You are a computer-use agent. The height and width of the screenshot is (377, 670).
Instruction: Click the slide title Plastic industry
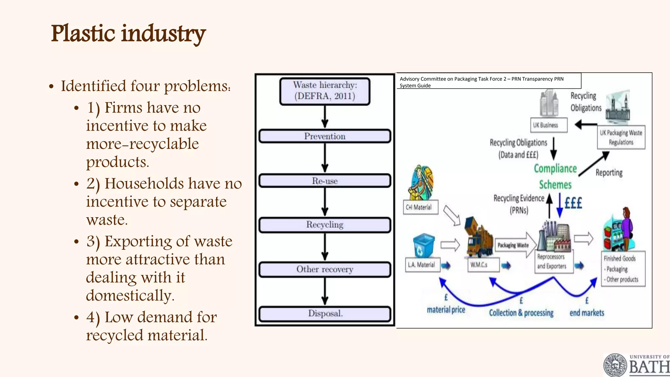(x=128, y=34)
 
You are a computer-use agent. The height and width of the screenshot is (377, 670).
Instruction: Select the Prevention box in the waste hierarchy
(x=325, y=136)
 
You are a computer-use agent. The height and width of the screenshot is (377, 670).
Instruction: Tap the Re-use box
(x=325, y=181)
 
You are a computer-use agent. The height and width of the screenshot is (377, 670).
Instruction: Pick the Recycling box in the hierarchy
(x=325, y=225)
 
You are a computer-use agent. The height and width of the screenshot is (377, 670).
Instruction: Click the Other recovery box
(x=325, y=269)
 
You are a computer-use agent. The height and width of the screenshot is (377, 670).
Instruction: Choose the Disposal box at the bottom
(x=325, y=314)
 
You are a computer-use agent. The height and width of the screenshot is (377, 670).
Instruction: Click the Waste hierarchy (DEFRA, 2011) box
(x=325, y=91)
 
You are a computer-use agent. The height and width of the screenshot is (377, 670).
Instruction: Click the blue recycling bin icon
(x=424, y=246)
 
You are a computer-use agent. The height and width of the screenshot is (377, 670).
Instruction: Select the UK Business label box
(x=549, y=125)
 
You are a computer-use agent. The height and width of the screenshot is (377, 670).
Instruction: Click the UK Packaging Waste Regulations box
(x=621, y=137)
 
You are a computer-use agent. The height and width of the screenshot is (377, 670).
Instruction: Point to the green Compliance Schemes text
(x=555, y=176)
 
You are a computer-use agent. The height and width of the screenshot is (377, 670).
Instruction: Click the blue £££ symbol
(x=573, y=203)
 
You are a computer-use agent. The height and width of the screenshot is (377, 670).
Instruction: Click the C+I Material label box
(x=420, y=207)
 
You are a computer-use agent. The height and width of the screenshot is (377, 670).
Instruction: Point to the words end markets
(x=587, y=313)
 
